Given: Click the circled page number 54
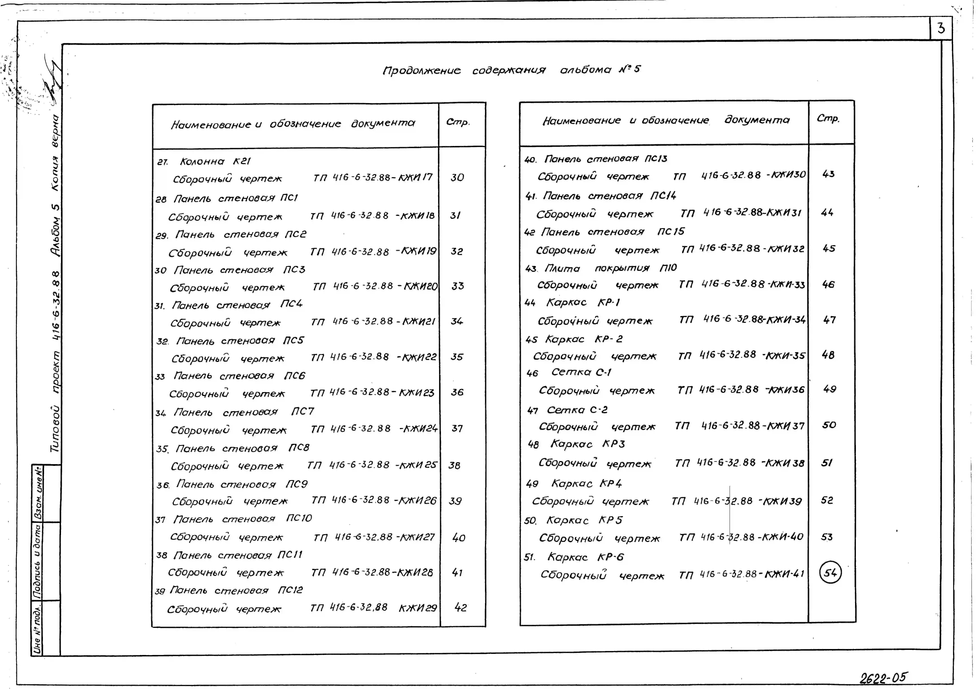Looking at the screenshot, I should pyautogui.click(x=830, y=573).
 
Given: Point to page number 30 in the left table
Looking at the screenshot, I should pyautogui.click(x=457, y=177).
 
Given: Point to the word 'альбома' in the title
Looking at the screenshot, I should pyautogui.click(x=586, y=69).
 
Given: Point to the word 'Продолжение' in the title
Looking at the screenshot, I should pyautogui.click(x=422, y=70).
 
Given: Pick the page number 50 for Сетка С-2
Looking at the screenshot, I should pyautogui.click(x=829, y=425).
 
